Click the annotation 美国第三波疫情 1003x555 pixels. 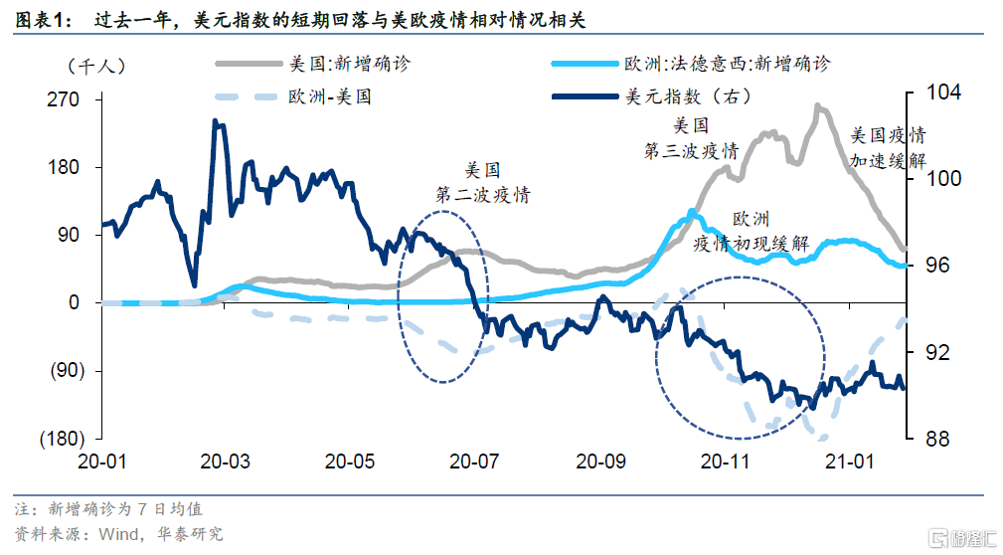pyautogui.click(x=691, y=138)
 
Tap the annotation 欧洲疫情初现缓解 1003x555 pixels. pyautogui.click(x=750, y=232)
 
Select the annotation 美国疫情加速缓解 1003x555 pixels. pyautogui.click(x=888, y=147)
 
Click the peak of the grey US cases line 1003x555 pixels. pyautogui.click(x=818, y=105)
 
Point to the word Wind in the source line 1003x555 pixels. pyautogui.click(x=116, y=534)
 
